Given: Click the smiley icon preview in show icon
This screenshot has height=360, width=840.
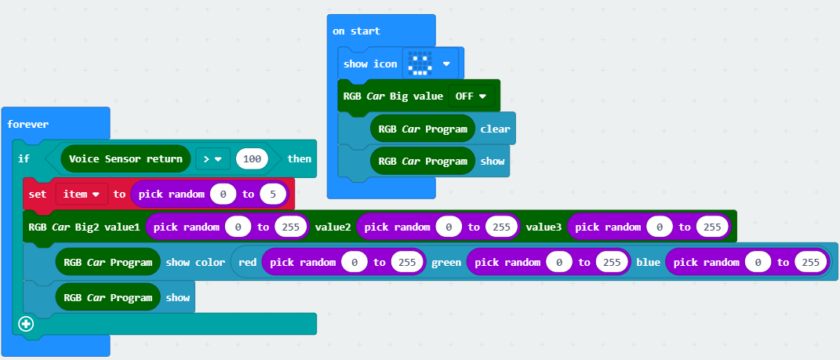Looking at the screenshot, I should pos(421,64).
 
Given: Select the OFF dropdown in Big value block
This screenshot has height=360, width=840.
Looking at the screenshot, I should pos(471,96).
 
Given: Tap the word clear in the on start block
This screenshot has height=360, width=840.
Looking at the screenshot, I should pos(495,129).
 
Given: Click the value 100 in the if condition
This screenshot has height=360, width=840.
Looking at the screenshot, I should pos(252,158).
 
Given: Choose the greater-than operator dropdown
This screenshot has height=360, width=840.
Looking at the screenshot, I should pos(212,158).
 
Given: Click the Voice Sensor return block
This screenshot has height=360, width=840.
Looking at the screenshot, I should pos(125,158).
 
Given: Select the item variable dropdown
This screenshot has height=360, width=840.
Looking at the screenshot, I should pos(81,193).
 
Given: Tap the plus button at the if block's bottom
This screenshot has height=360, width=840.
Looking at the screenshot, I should pos(26,323).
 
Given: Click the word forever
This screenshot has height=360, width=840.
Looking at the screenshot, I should pos(27,124).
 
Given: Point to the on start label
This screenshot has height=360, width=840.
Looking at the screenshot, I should pos(356,31).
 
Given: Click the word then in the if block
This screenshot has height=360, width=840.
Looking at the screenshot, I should pos(299,158).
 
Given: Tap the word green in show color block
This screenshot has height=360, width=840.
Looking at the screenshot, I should pos(447,262).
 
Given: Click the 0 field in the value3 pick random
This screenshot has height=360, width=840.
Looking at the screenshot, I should pos(660,227).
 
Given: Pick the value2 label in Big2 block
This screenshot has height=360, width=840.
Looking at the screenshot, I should pos(333,227).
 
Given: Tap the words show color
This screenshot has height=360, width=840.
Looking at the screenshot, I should pos(195,262).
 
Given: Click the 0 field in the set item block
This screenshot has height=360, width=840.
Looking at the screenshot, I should pos(223,193).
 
